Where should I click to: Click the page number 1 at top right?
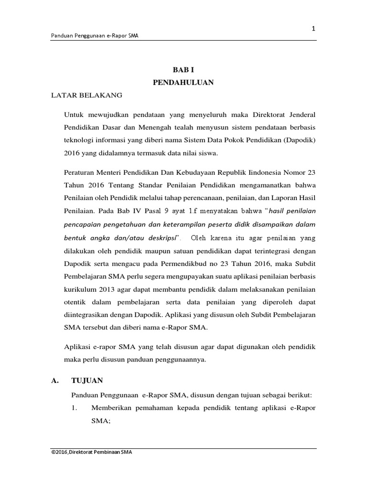click(313, 29)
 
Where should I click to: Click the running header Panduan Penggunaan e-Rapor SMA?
click(95, 36)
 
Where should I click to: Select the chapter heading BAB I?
click(183, 70)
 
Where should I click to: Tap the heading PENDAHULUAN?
click(183, 83)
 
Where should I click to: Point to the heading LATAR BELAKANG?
click(87, 95)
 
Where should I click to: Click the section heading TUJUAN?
click(87, 381)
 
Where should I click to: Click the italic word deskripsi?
click(163, 237)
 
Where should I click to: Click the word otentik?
click(76, 302)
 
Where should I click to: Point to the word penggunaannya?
click(178, 360)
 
